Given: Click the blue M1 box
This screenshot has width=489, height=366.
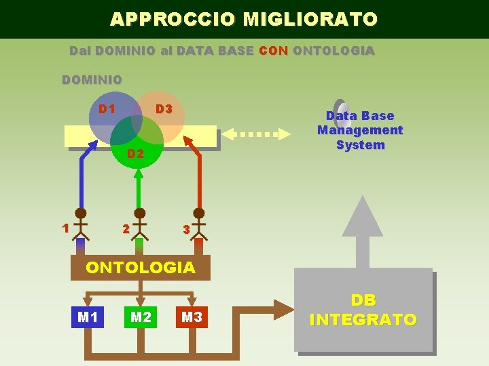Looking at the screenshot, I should pyautogui.click(x=88, y=317).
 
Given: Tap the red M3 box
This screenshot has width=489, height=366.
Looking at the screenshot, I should pyautogui.click(x=192, y=317).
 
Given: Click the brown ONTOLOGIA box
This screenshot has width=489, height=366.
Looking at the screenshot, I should pyautogui.click(x=141, y=268).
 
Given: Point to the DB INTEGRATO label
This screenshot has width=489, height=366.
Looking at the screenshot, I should pyautogui.click(x=363, y=310).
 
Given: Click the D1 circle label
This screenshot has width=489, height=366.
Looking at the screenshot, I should pyautogui.click(x=107, y=109).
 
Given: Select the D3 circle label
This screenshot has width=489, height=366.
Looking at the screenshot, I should pyautogui.click(x=164, y=109).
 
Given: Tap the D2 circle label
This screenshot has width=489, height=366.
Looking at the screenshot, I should pyautogui.click(x=136, y=154).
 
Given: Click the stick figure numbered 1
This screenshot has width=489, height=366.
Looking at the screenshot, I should pyautogui.click(x=81, y=224).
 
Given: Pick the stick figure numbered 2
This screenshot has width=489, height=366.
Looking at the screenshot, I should pyautogui.click(x=139, y=224).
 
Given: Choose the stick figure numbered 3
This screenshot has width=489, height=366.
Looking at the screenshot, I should pyautogui.click(x=199, y=224).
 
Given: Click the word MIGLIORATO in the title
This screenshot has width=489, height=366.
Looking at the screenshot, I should pyautogui.click(x=310, y=19).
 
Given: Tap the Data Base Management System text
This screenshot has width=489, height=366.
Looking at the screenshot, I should pyautogui.click(x=360, y=130).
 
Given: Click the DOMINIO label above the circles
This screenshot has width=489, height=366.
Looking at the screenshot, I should pyautogui.click(x=92, y=80).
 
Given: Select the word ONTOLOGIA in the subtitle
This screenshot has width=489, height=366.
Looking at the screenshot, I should pyautogui.click(x=333, y=51).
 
